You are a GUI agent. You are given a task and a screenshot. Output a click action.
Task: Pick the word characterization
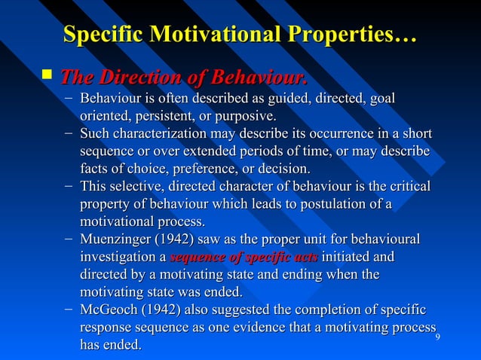161,135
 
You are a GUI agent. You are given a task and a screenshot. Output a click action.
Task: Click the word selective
134,186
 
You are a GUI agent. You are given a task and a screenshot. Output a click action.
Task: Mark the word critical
407,186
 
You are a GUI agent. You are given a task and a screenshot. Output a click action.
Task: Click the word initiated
347,258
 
